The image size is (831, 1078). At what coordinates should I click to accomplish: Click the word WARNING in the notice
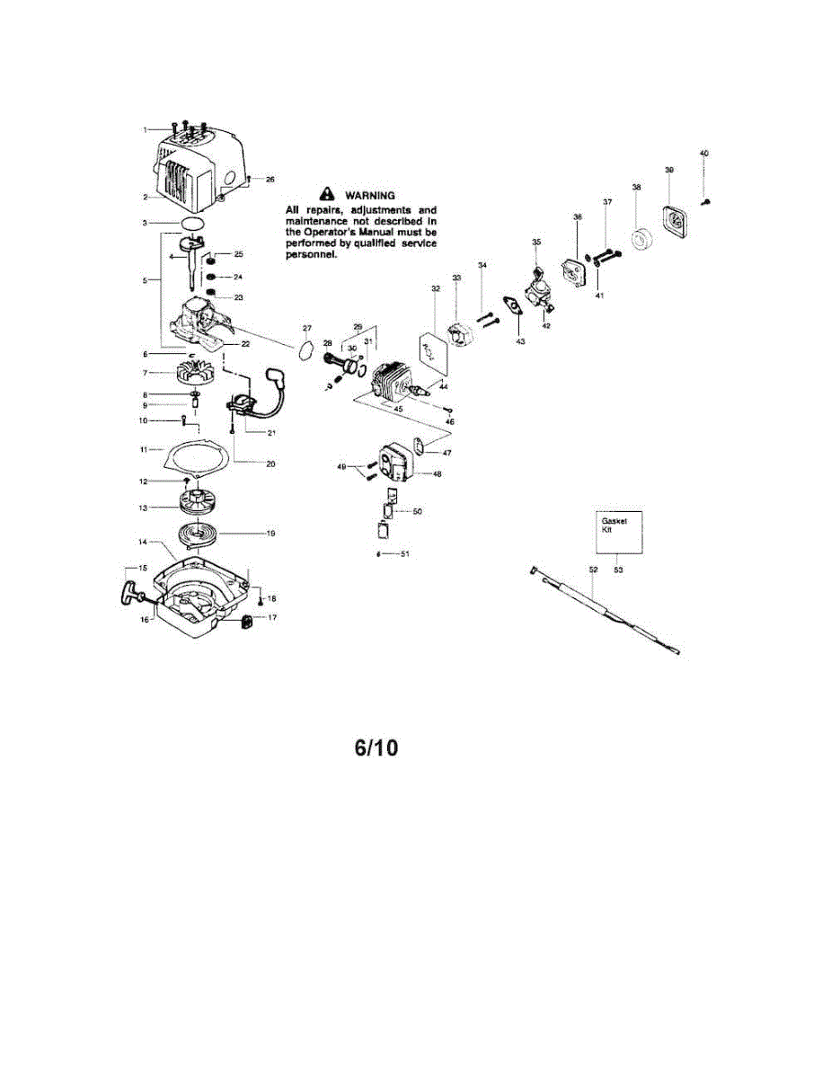tap(371, 195)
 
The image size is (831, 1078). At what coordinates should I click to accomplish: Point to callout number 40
tap(703, 154)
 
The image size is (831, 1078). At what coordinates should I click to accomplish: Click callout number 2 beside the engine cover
tap(146, 196)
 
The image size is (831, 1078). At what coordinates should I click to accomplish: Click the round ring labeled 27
tap(306, 348)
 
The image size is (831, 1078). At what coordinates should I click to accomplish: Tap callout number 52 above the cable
tap(593, 570)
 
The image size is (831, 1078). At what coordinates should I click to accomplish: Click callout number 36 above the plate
tap(578, 216)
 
